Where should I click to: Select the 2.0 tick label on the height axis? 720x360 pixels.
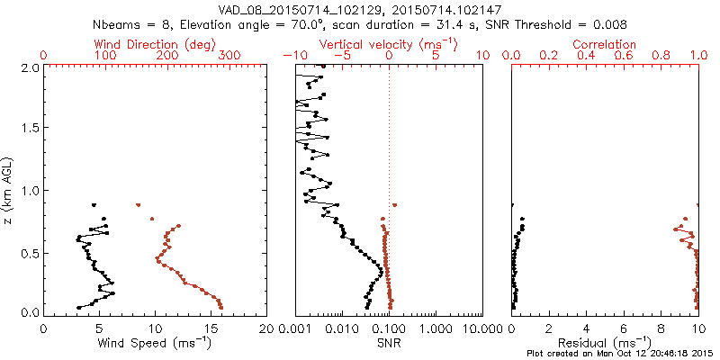pos(30,67)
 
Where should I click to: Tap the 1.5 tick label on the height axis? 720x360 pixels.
pos(30,129)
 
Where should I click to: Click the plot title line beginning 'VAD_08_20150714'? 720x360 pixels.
pos(360,9)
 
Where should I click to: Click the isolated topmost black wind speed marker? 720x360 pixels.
pos(94,204)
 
